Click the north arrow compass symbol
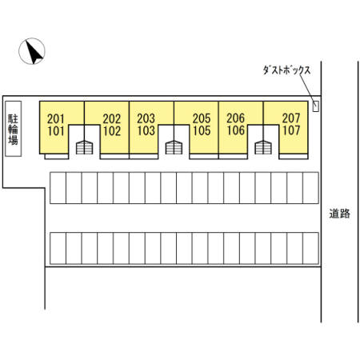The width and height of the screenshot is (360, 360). coord(32,51)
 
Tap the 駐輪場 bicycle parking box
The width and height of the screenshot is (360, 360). coord(14,129)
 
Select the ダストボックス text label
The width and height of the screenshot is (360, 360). coord(286,70)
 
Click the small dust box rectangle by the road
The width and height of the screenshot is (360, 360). coord(316,106)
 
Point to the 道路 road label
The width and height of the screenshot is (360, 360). coord(339,214)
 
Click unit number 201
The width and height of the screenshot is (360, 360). coord(56,118)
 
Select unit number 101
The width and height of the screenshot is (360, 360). coord(56,131)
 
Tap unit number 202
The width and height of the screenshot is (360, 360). coord(112,118)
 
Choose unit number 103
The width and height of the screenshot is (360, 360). coord(146,130)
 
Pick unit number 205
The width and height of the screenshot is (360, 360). coord(202,118)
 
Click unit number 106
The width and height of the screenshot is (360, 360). coord(236,130)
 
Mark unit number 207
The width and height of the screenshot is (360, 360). coord(291,118)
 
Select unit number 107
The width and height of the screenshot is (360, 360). coord(291,130)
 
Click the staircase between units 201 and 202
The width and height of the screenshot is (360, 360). coord(85,147)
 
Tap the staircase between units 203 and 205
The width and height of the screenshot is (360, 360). coord(174,147)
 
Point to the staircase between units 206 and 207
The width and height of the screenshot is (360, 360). coord(263,147)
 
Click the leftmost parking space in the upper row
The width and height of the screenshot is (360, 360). coord(58,188)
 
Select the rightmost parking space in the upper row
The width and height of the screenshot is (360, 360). coord(311,188)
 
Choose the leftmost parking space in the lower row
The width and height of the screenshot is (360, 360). coord(58,248)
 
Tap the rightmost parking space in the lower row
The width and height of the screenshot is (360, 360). coord(311,248)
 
